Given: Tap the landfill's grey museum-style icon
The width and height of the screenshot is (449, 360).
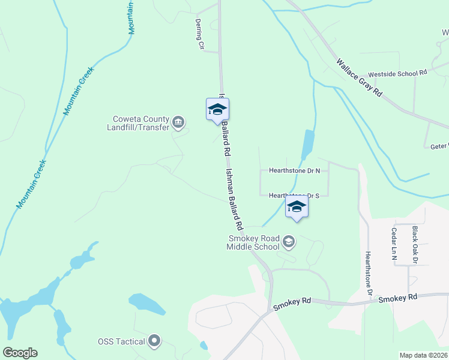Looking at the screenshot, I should (x=178, y=123).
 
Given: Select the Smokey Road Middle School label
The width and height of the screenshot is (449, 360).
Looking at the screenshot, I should (x=253, y=242).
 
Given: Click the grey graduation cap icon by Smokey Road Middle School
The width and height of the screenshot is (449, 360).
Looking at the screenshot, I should (x=289, y=242).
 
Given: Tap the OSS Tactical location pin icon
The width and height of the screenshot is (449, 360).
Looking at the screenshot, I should (x=154, y=341).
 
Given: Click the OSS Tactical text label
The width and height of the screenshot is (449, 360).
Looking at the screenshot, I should (x=121, y=341).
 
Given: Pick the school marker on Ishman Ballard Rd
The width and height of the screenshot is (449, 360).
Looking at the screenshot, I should (x=217, y=110).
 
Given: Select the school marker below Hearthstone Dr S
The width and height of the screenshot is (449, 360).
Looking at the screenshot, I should (x=297, y=208).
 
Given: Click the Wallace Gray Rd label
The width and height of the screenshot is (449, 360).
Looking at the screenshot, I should (x=359, y=77).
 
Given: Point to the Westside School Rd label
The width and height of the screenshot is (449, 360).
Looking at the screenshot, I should (x=397, y=73).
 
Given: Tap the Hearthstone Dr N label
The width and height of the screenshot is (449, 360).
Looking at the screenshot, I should (x=294, y=170).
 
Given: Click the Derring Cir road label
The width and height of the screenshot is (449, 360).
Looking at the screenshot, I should (x=199, y=34).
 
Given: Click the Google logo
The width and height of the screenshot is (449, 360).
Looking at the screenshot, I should (x=20, y=353).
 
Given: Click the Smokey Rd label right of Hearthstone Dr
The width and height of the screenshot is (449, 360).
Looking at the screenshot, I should (x=398, y=298).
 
